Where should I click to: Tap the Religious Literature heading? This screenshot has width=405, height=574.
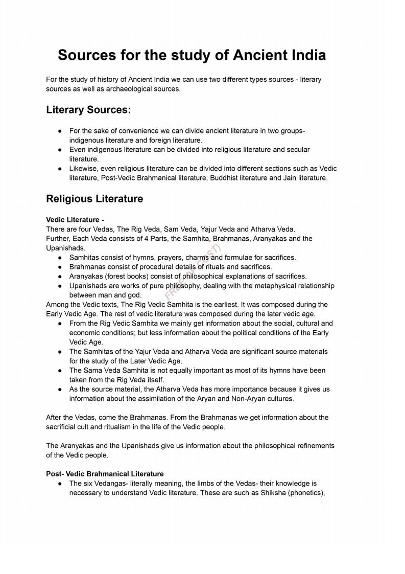(94, 199)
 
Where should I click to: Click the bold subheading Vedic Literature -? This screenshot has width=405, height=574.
(75, 220)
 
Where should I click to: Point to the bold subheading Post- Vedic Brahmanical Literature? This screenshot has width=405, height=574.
(105, 474)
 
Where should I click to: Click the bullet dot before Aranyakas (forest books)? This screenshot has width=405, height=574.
(60, 277)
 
